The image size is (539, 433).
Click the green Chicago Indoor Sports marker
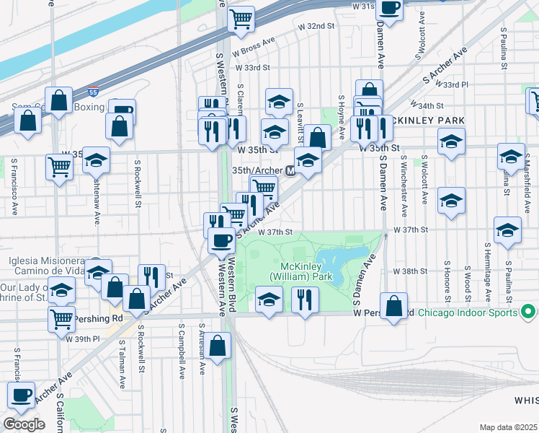click(x=527, y=312)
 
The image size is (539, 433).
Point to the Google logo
click(x=24, y=424)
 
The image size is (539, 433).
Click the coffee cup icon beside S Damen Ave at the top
click(x=389, y=9)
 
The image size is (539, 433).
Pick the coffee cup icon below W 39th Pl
click(x=21, y=395)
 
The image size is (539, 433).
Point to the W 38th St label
click(x=409, y=271)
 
